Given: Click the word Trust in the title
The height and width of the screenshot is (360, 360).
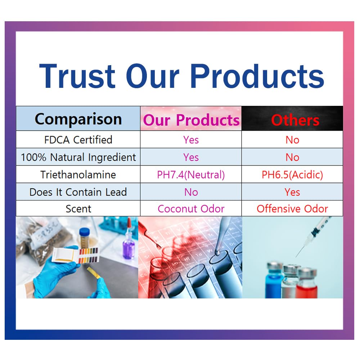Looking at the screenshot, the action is coord(77,76).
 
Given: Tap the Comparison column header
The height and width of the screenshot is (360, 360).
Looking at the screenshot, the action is coord(78,119).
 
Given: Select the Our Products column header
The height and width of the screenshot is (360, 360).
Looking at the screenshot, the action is coord(191,120).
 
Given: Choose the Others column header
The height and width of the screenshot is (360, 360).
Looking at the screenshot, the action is coord(295,120).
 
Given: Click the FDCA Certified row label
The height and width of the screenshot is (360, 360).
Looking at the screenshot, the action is coord(78,140).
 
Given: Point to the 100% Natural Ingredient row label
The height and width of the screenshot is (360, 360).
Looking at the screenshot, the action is coord(78,157).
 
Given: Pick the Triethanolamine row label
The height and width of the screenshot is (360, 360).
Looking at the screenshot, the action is coord(78,175).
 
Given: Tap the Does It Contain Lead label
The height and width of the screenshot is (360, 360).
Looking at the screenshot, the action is coord(78,192).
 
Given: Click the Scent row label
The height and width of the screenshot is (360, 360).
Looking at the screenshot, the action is coord(78,209).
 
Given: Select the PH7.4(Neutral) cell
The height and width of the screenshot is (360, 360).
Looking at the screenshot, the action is coord(191,175).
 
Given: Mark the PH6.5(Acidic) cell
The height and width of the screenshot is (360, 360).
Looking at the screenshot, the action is coord(292,175).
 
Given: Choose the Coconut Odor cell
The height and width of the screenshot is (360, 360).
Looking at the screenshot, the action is coord(191,209).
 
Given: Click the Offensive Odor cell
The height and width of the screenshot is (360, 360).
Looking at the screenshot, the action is coord(292,209).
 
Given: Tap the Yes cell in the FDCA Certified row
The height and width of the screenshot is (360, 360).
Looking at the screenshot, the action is coord(191,140).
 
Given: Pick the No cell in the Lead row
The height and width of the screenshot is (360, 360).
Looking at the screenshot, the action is coord(191,192).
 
